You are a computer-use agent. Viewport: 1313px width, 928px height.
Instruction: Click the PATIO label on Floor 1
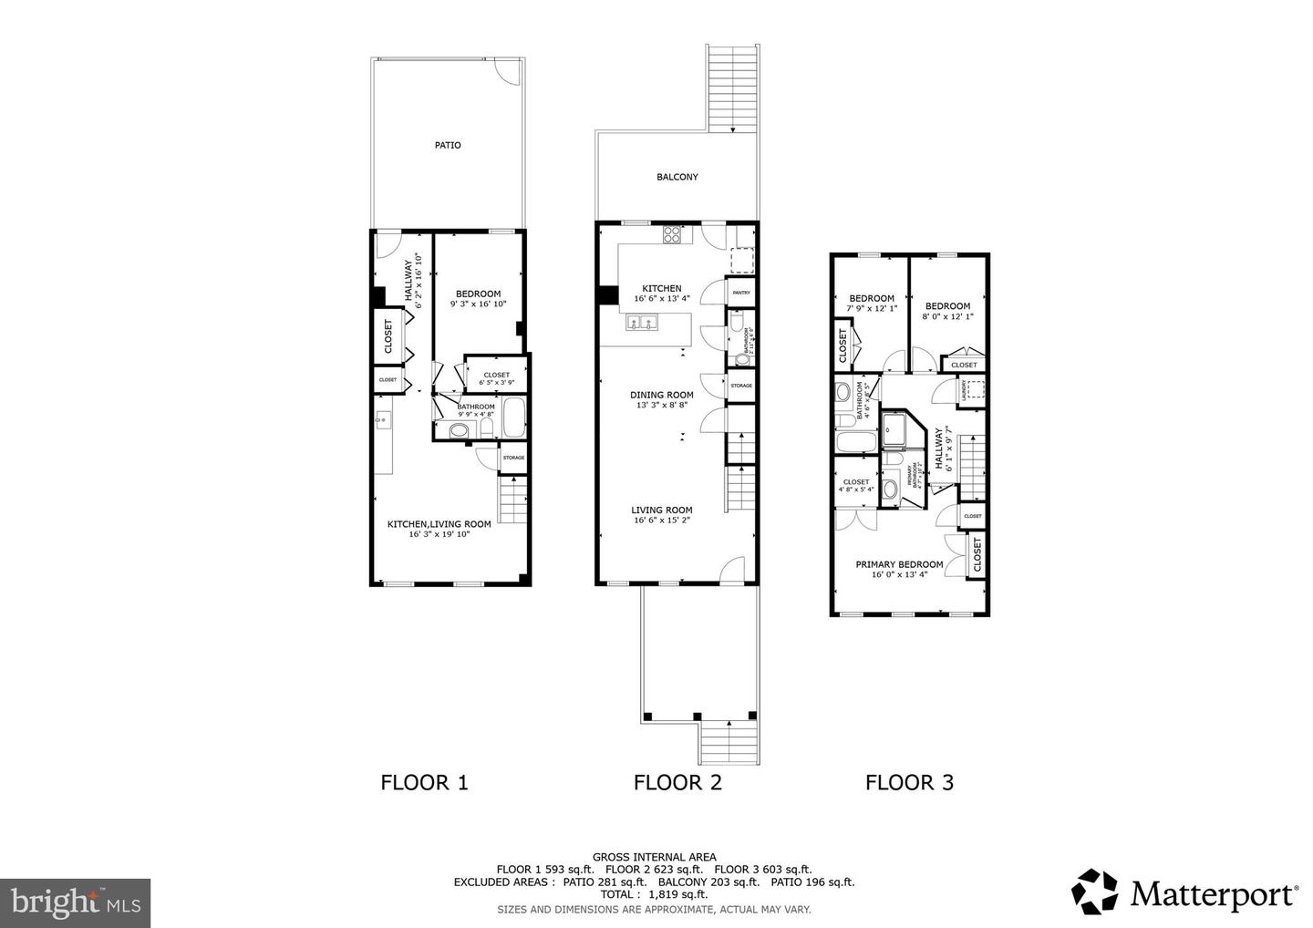click(447, 145)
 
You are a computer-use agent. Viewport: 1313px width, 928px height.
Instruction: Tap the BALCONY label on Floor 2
click(677, 177)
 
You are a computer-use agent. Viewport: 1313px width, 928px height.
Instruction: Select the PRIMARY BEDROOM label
click(899, 564)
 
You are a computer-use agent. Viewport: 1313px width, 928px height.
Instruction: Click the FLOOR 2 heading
click(677, 782)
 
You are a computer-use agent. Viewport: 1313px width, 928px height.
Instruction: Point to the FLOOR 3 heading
click(909, 782)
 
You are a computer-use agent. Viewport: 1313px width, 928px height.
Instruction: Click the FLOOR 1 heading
click(424, 782)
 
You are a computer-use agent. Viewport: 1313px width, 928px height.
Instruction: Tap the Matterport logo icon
click(1094, 892)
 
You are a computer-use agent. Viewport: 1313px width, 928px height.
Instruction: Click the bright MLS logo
click(75, 902)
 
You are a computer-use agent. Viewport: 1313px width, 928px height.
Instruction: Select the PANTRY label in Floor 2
click(741, 293)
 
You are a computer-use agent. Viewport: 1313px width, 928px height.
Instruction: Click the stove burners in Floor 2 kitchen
click(672, 234)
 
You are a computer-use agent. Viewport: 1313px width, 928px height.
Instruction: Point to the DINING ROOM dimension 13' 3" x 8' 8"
click(662, 405)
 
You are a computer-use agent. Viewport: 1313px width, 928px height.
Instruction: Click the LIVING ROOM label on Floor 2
click(662, 510)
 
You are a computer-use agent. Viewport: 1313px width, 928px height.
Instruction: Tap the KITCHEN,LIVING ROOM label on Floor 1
click(439, 524)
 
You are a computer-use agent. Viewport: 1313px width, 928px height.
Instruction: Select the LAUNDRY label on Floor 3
click(963, 390)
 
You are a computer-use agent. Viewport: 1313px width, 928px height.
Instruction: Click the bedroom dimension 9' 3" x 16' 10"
click(478, 304)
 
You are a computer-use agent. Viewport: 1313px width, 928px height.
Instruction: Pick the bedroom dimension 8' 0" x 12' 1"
click(948, 316)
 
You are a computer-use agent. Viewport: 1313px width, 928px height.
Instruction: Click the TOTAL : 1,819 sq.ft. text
click(654, 895)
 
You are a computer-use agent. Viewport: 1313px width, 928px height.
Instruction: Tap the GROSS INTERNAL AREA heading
click(654, 857)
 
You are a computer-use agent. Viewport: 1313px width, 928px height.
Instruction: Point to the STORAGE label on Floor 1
click(513, 458)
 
